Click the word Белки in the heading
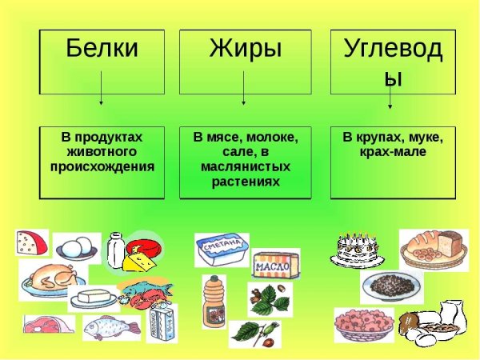pos(102,48)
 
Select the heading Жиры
pos(245,48)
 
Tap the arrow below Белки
pos(102,88)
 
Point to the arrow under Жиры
pos(244,88)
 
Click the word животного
pos(101,151)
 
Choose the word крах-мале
pos(394,151)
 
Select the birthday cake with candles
pos(353,249)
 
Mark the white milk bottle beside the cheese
pos(115,249)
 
